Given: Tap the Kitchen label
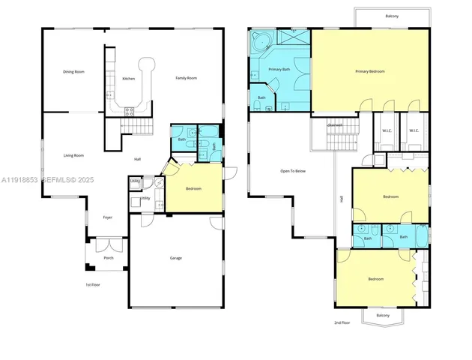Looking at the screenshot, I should pyautogui.click(x=128, y=79).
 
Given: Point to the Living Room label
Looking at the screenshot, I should pyautogui.click(x=73, y=155).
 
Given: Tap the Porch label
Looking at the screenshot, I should pyautogui.click(x=109, y=258).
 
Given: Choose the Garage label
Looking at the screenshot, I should pyautogui.click(x=175, y=259).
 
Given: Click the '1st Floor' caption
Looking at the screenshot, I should pyautogui.click(x=93, y=285).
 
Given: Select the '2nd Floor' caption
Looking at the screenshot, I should pyautogui.click(x=342, y=322).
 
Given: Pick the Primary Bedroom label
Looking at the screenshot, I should pyautogui.click(x=370, y=72).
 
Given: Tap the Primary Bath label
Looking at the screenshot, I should pyautogui.click(x=279, y=69).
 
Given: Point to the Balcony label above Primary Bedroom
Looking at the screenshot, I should pyautogui.click(x=392, y=14).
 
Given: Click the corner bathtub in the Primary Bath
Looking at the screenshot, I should pyautogui.click(x=263, y=42).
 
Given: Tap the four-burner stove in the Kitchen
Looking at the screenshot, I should pyautogui.click(x=128, y=111).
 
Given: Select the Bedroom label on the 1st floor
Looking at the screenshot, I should pyautogui.click(x=193, y=189).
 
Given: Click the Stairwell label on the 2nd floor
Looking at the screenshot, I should pyautogui.click(x=335, y=125).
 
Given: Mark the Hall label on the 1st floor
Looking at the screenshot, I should pyautogui.click(x=137, y=160).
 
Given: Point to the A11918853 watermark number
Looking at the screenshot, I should pyautogui.click(x=19, y=181).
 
